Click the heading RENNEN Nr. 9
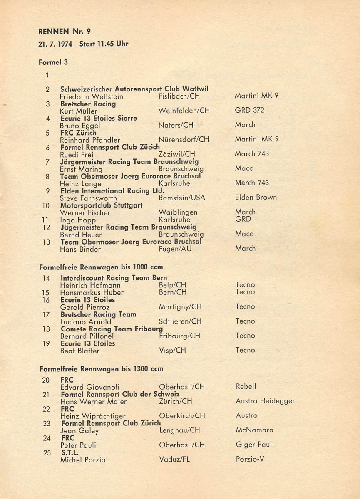pyautogui.click(x=65, y=31)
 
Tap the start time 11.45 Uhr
pyautogui.click(x=112, y=43)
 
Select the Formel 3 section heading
pyautogui.click(x=53, y=62)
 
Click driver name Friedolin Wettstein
pyautogui.click(x=92, y=96)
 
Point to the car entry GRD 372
pyautogui.click(x=249, y=111)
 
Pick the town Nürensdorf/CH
pyautogui.click(x=184, y=140)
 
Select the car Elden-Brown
pyautogui.click(x=256, y=198)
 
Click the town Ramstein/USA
pyautogui.click(x=182, y=198)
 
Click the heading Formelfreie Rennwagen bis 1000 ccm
pyautogui.click(x=101, y=267)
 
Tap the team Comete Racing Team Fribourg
pyautogui.click(x=112, y=329)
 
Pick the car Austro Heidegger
pyautogui.click(x=265, y=401)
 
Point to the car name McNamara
pyautogui.click(x=254, y=430)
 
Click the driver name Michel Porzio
pyautogui.click(x=83, y=460)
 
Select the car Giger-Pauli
pyautogui.click(x=255, y=445)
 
